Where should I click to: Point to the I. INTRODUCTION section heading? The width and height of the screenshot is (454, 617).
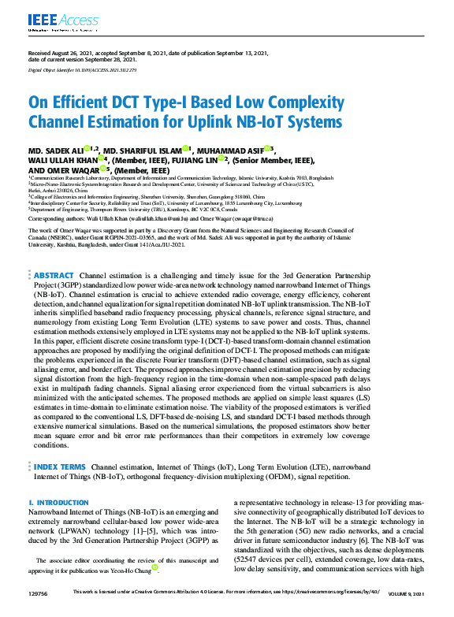(58, 502)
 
